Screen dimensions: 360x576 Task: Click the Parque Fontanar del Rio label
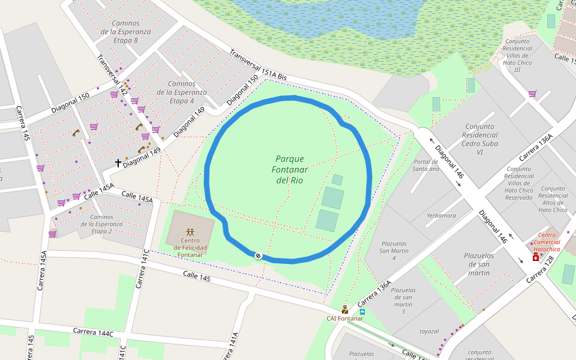click(x=290, y=169)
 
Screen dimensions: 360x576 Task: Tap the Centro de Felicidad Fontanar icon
click(x=190, y=232)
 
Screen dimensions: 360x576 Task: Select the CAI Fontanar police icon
click(x=345, y=310)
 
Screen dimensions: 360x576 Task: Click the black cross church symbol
click(x=118, y=163)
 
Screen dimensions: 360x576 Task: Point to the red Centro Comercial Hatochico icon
click(x=535, y=257)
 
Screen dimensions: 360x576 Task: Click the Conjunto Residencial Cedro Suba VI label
click(x=479, y=139)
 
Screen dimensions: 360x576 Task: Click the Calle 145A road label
click(x=99, y=191)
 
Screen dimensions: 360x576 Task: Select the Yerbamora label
click(x=441, y=215)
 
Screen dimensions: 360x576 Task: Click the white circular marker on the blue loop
click(x=259, y=256)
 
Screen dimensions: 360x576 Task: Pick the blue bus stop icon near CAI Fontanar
click(x=362, y=312)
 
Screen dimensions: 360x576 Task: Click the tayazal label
click(x=429, y=331)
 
